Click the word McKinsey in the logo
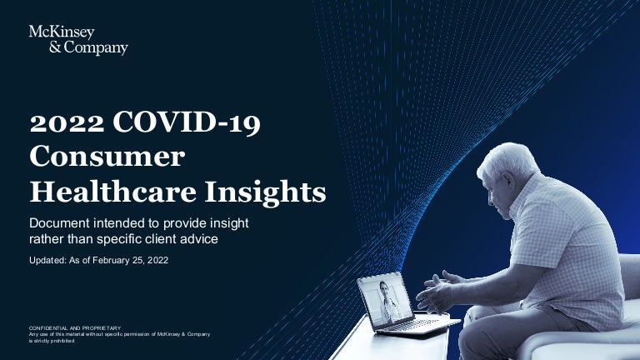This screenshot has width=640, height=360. [62, 32]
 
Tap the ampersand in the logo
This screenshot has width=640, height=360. [55, 47]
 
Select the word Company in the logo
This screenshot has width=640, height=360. [96, 48]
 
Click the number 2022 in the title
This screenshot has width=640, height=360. [67, 122]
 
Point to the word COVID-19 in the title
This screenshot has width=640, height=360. [187, 122]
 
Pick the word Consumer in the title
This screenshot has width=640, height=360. [107, 157]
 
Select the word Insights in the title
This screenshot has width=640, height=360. [265, 191]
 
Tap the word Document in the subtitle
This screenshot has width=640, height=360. [59, 223]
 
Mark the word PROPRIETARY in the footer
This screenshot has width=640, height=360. [102, 327]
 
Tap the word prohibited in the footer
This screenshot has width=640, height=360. [62, 341]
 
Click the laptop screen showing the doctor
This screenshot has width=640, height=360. [385, 300]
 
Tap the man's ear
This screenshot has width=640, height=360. [509, 181]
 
